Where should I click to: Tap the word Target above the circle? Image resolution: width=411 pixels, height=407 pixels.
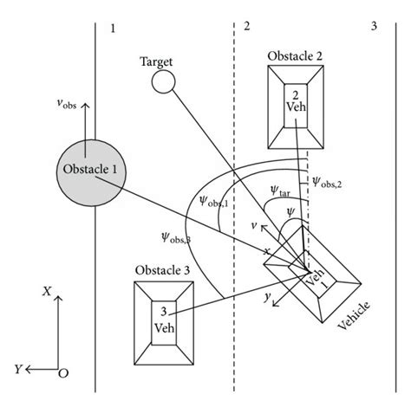coord(156,62)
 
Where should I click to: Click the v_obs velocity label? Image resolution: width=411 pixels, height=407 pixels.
coord(67,103)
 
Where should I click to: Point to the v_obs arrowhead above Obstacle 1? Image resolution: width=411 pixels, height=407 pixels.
coord(85,106)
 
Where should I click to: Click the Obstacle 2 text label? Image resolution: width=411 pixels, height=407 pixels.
coord(295,56)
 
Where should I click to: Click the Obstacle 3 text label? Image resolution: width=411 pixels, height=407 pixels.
coord(162,270)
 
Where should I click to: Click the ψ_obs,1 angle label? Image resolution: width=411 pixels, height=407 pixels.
coord(214,201)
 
